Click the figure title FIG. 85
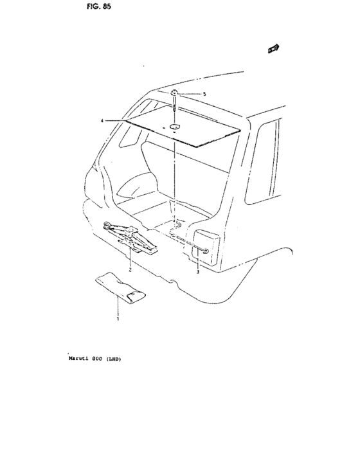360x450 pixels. (x=99, y=6)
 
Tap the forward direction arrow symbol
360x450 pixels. (x=274, y=48)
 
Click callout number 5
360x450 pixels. (x=204, y=94)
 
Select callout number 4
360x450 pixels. (x=102, y=121)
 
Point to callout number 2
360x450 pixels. (x=130, y=270)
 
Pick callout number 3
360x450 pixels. (x=198, y=272)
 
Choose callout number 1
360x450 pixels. (x=118, y=319)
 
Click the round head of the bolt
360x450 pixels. (x=174, y=93)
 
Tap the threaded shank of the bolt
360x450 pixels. (x=174, y=104)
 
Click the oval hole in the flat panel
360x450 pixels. (x=174, y=126)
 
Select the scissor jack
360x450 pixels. (x=130, y=237)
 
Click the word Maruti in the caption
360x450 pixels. (x=77, y=359)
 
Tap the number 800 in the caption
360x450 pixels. (x=97, y=359)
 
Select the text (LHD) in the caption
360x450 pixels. (x=114, y=359)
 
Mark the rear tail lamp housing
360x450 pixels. (x=204, y=247)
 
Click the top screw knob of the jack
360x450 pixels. (x=132, y=229)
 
